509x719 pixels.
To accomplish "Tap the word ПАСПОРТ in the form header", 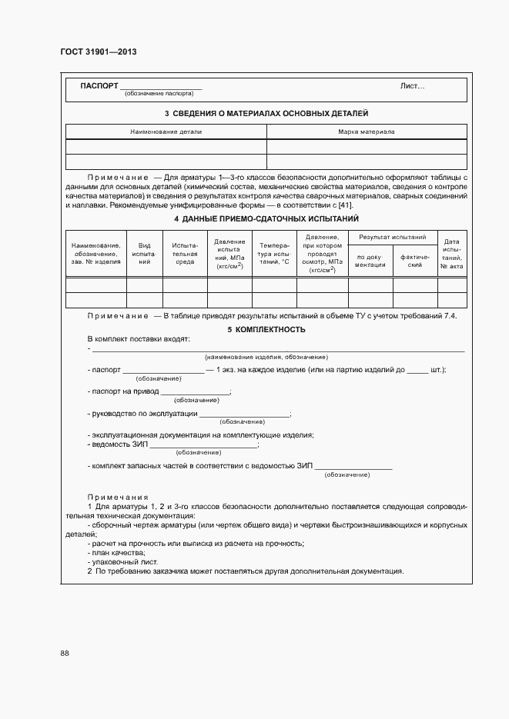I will tap(99, 85).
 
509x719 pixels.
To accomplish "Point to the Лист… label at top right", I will tap(412, 86).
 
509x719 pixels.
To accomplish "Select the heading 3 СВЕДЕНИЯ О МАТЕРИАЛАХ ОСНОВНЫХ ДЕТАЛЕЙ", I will tap(266, 114).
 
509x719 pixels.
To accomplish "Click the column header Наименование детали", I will tap(166, 131).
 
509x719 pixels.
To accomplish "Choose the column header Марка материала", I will tap(367, 131).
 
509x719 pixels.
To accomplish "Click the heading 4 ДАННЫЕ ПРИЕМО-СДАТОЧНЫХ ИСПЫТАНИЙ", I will tap(266, 219).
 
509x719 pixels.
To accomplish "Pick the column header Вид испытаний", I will tap(144, 253).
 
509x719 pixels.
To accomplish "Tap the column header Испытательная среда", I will tap(185, 253).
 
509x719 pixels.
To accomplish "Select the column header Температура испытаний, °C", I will tap(274, 253).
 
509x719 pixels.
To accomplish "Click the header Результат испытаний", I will tap(393, 238).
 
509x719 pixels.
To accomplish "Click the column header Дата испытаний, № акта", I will tap(452, 253).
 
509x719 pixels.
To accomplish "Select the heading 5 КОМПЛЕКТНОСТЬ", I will tap(266, 329).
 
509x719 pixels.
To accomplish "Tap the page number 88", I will tap(65, 653).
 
